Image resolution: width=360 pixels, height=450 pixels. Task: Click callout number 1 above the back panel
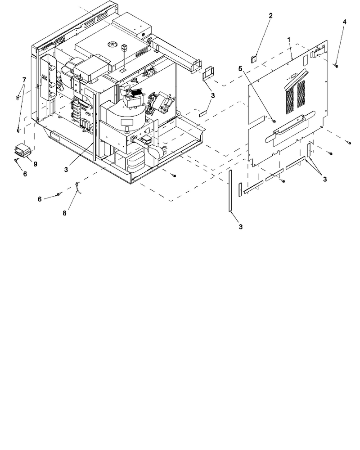(289, 39)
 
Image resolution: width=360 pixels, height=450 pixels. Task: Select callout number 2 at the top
(270, 16)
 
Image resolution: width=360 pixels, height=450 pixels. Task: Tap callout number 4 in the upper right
(345, 22)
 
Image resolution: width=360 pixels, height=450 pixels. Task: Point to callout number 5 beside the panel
(241, 68)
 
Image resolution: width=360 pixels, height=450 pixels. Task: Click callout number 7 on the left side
(24, 80)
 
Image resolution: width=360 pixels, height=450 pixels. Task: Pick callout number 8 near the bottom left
(64, 213)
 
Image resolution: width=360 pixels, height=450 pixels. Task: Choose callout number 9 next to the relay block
(35, 164)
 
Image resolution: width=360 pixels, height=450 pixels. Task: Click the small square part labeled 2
(254, 59)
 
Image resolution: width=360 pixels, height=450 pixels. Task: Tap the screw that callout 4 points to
(336, 66)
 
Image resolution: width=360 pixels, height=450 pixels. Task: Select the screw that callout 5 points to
(274, 121)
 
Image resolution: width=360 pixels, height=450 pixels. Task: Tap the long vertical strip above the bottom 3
(230, 190)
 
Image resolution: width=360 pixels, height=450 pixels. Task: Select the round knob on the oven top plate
(112, 44)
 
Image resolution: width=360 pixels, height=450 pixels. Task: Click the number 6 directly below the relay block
(25, 174)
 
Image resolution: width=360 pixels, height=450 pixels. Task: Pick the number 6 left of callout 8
(40, 199)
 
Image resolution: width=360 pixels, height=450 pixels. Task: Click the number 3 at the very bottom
(241, 227)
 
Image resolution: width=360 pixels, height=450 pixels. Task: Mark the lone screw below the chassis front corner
(174, 175)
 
